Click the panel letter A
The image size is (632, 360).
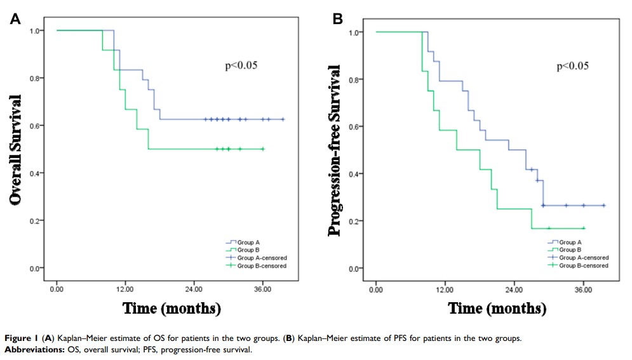15,19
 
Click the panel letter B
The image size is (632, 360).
338,19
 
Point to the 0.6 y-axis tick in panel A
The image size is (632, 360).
39,126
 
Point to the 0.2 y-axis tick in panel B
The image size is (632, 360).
359,221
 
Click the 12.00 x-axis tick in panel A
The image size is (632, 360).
125,289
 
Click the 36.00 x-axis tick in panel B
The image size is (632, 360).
583,290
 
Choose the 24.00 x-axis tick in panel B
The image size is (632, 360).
514,290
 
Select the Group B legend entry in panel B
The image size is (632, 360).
570,250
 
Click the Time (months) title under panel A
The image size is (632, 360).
171,309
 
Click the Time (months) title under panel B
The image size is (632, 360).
497,309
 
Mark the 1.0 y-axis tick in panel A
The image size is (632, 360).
39,30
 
